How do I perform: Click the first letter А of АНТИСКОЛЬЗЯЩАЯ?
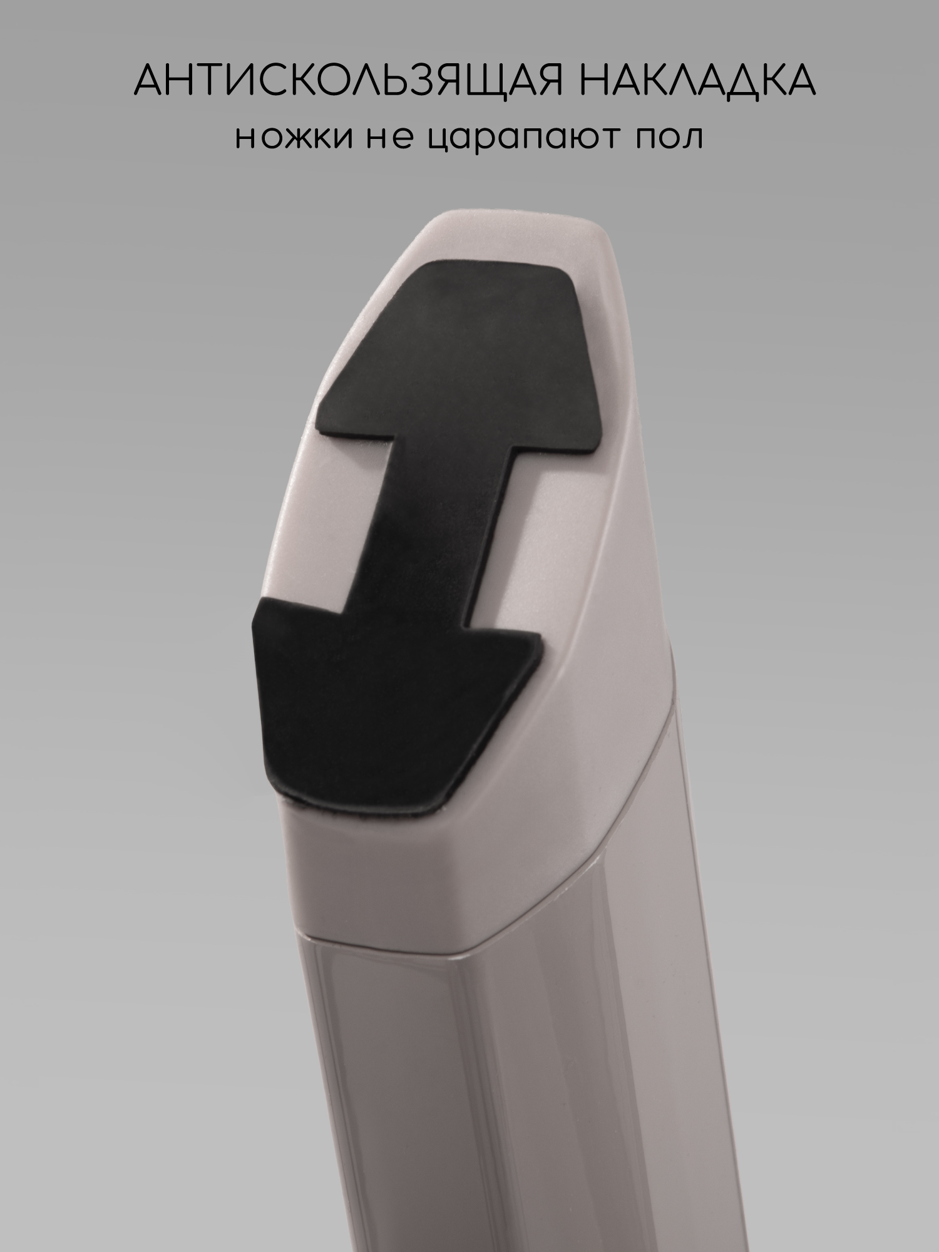[150, 80]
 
